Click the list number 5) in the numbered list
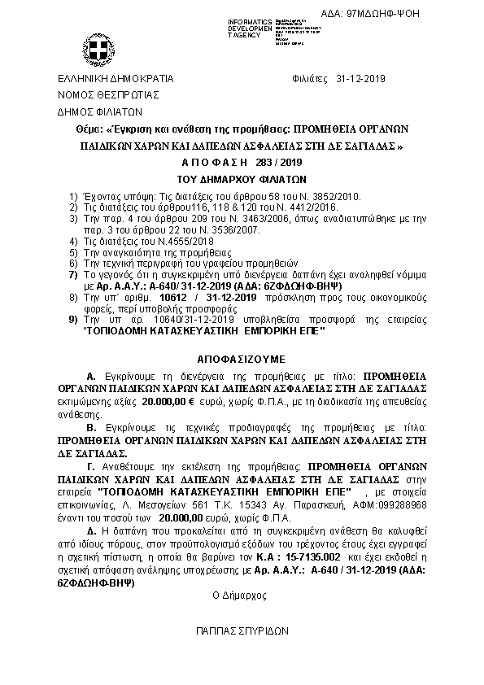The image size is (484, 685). [x=72, y=253]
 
